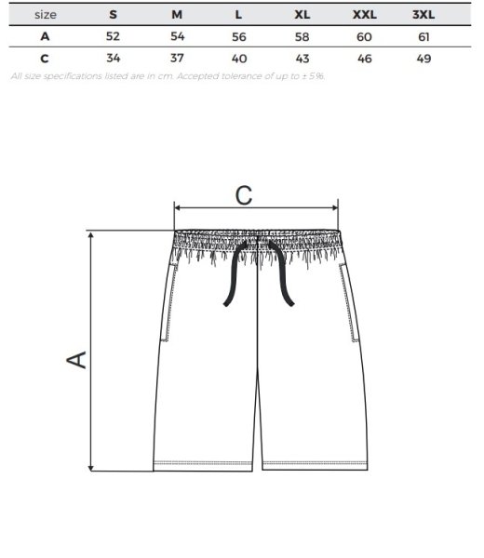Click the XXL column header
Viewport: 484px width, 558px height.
click(364, 15)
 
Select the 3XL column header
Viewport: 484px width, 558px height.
click(423, 15)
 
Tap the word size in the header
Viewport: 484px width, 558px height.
click(46, 15)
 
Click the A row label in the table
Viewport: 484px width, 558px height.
click(45, 36)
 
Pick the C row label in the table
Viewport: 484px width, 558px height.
click(45, 59)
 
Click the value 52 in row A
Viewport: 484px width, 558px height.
click(113, 36)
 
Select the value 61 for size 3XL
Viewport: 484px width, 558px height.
click(423, 36)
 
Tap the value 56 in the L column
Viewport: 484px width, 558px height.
click(239, 36)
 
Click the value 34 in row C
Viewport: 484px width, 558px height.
click(114, 58)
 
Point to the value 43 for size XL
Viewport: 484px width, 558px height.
click(302, 59)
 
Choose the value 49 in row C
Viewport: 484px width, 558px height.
click(423, 59)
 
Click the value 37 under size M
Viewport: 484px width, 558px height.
click(177, 58)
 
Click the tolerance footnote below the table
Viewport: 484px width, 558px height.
click(168, 76)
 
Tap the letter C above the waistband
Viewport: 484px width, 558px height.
click(244, 195)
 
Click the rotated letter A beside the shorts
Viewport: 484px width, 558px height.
click(76, 359)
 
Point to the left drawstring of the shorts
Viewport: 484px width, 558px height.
click(235, 273)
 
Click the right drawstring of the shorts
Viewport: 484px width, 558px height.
click(282, 273)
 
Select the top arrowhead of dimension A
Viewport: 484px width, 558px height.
click(91, 235)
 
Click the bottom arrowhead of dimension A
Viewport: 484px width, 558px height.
click(91, 467)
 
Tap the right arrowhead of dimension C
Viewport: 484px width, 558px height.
click(335, 207)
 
